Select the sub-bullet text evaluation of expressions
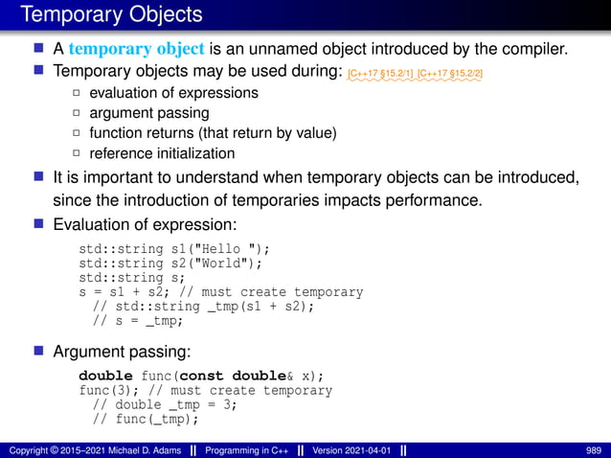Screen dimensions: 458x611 tap(173, 93)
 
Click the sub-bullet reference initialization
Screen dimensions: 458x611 tap(161, 153)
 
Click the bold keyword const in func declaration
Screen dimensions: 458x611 tap(202, 376)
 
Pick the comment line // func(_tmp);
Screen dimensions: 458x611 tap(146, 419)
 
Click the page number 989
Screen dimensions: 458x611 tap(594, 450)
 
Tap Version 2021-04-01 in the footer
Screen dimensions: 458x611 tap(351, 450)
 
